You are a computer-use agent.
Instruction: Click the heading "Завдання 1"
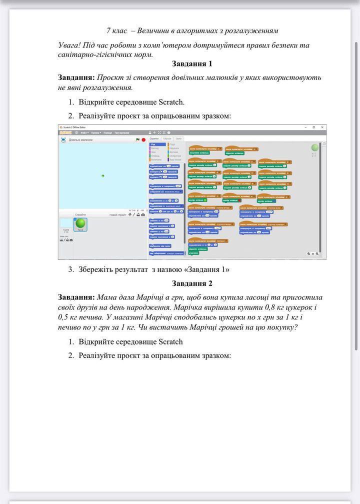pos(192,63)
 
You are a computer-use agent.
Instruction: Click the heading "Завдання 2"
pos(192,283)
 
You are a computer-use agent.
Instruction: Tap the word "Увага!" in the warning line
pos(69,45)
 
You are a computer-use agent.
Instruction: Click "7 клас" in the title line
pos(116,30)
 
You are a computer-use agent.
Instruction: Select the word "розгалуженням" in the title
pos(252,30)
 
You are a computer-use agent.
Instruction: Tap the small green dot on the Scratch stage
pos(103,176)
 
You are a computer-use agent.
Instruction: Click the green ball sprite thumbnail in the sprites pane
pos(80,224)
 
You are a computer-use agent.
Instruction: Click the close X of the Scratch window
pos(322,127)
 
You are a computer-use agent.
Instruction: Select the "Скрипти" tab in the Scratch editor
pos(154,138)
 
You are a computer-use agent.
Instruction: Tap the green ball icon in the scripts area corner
pos(314,147)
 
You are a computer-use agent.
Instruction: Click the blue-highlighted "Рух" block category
pos(153,144)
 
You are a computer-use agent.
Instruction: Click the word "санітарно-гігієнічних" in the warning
pos(93,54)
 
